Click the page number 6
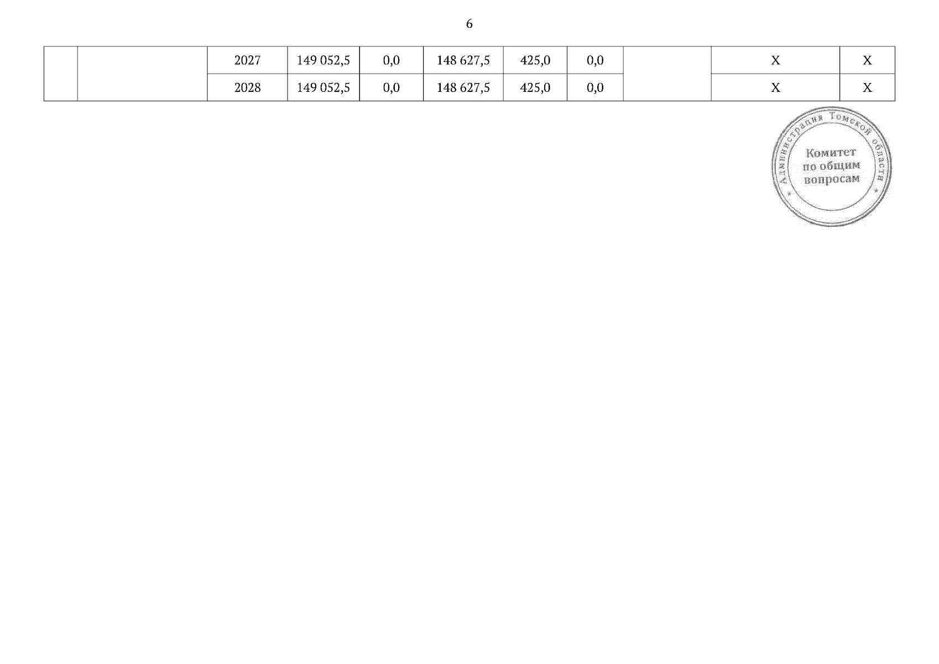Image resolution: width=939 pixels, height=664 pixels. point(469,24)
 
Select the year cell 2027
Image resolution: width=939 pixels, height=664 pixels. point(247,60)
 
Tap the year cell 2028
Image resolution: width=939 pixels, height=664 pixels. point(247,87)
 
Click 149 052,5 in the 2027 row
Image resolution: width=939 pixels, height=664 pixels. point(323,60)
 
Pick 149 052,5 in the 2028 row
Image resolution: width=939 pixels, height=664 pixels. point(323,87)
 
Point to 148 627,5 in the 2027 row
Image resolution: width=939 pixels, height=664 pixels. point(463,60)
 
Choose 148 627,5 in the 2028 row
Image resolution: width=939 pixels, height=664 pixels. point(463,87)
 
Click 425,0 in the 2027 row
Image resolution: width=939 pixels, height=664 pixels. point(535,60)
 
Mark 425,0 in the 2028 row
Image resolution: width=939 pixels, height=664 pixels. point(535,87)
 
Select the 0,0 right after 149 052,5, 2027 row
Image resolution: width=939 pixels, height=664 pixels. point(391,60)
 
